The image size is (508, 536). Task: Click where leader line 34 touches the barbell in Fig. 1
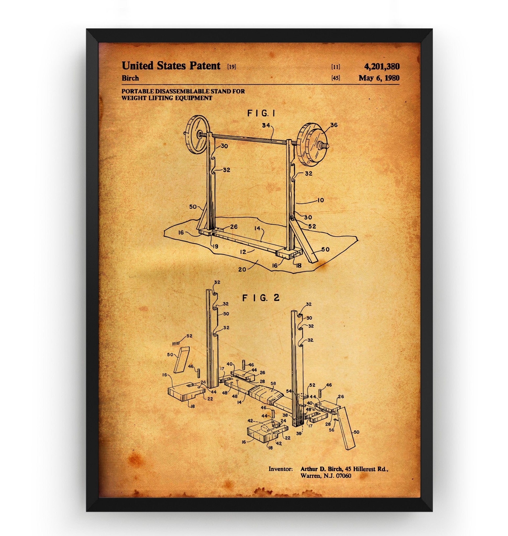272,139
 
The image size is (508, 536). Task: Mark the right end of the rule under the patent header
399,85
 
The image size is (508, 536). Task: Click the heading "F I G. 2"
257,298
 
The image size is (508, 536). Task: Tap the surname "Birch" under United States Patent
130,78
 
